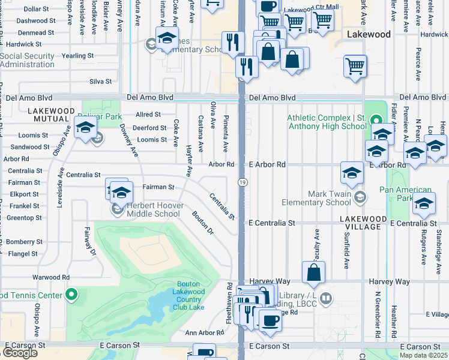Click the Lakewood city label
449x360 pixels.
pyautogui.click(x=369, y=35)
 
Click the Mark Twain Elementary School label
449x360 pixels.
pyautogui.click(x=329, y=198)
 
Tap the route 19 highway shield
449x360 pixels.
pyautogui.click(x=241, y=182)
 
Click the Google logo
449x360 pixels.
pyautogui.click(x=20, y=353)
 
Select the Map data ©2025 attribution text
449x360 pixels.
pyautogui.click(x=423, y=355)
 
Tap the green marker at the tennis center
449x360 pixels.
pyautogui.click(x=71, y=295)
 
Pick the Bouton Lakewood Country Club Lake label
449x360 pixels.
pyautogui.click(x=191, y=296)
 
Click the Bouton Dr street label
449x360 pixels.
pyautogui.click(x=203, y=222)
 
